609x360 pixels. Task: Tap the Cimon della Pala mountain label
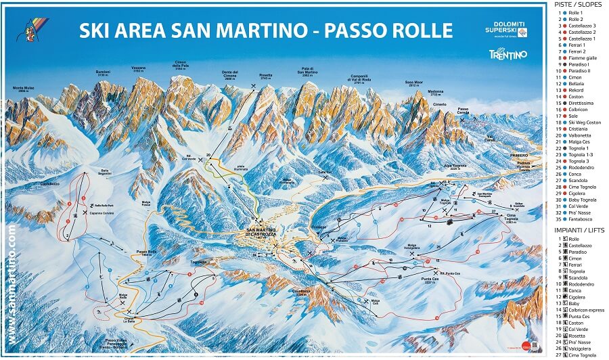(x=180, y=66)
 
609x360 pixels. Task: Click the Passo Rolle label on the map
(x=146, y=252)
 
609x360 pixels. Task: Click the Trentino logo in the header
(x=507, y=54)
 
